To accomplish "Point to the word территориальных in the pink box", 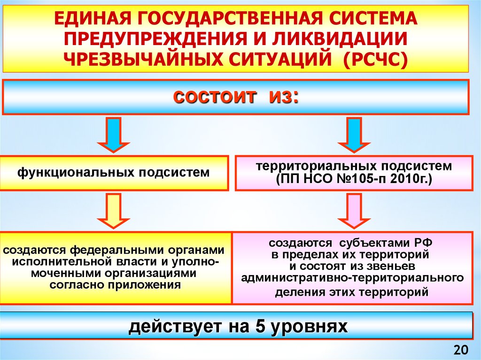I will (x=318, y=167).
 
